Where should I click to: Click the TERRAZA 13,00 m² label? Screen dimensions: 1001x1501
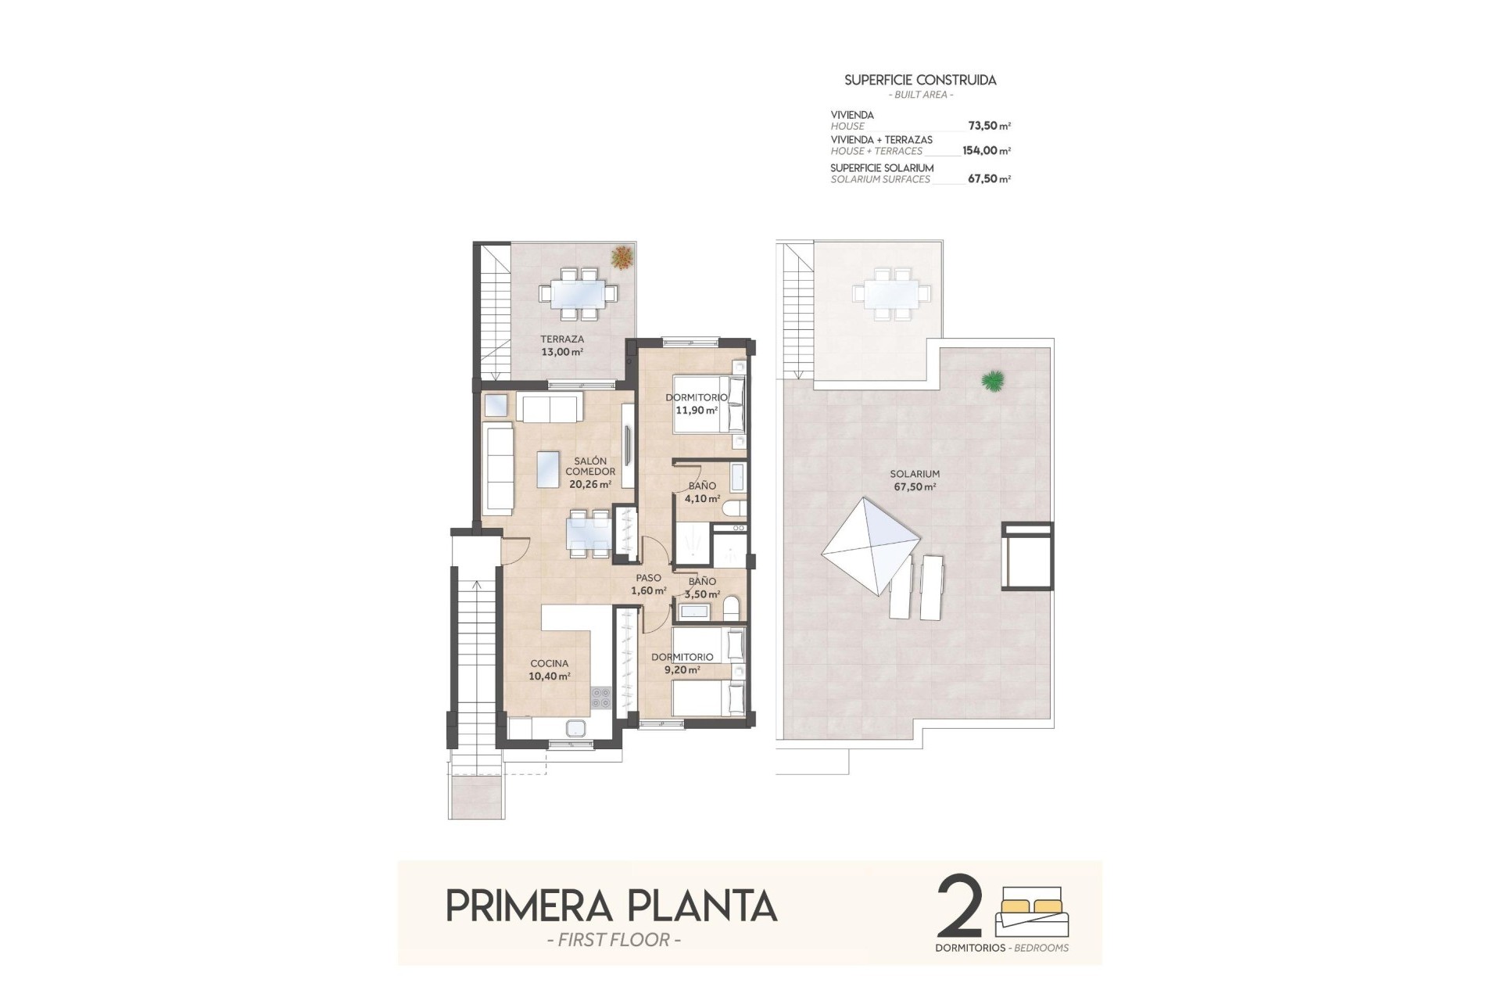pyautogui.click(x=561, y=346)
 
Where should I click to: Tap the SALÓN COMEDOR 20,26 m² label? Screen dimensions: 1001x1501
pyautogui.click(x=590, y=472)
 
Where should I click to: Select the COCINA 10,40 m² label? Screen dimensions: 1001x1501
pyautogui.click(x=549, y=670)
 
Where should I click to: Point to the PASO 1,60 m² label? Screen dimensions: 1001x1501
pyautogui.click(x=648, y=584)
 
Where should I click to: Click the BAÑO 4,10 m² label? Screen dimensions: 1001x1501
pyautogui.click(x=702, y=492)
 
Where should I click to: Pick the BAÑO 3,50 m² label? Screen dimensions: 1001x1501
pyautogui.click(x=702, y=587)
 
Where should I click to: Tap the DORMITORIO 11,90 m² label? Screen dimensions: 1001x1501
pyautogui.click(x=696, y=404)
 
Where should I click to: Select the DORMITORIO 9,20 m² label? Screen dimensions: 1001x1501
pyautogui.click(x=682, y=663)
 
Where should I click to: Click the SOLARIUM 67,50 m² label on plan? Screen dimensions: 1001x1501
pyautogui.click(x=915, y=480)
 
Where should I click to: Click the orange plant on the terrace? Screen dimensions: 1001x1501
pyautogui.click(x=622, y=257)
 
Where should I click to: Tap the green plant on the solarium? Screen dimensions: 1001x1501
pyautogui.click(x=993, y=381)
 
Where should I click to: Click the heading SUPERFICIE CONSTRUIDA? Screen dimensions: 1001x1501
pyautogui.click(x=920, y=80)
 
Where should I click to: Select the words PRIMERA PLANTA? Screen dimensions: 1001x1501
pyautogui.click(x=611, y=906)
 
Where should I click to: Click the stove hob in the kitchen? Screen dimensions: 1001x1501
pyautogui.click(x=600, y=697)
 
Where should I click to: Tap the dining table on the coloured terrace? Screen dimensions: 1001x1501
pyautogui.click(x=579, y=293)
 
